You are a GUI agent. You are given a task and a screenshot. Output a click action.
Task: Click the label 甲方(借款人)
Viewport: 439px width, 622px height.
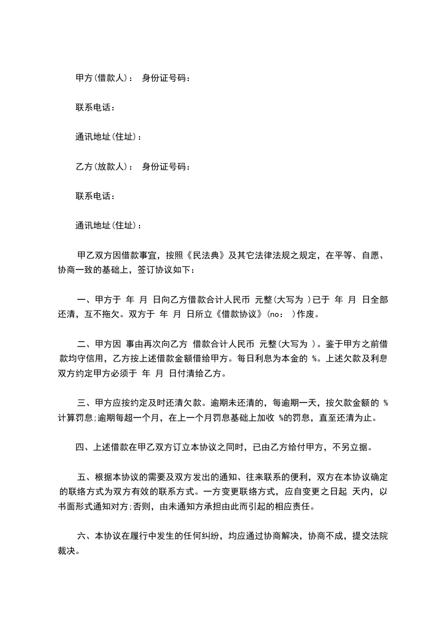[101, 78]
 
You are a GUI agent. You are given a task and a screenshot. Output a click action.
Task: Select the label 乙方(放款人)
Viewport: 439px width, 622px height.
[101, 166]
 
